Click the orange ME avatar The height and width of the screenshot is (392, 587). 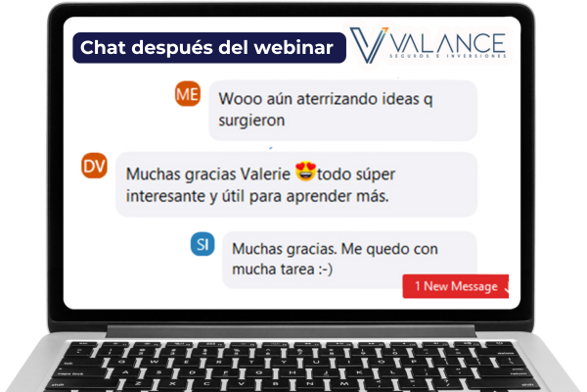[x=188, y=94]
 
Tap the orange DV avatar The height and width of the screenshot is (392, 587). [x=94, y=166]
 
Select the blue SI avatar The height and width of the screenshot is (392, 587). [x=203, y=244]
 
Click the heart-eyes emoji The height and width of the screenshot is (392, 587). [x=305, y=171]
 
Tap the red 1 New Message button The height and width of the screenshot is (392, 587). [x=456, y=286]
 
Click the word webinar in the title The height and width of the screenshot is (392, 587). [x=293, y=48]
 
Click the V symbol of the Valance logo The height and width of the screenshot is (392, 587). [x=368, y=45]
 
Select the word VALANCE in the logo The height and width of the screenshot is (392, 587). [x=448, y=43]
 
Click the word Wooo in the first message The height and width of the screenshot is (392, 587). [x=240, y=99]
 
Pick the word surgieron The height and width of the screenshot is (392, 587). [x=251, y=121]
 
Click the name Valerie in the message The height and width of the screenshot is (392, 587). [x=265, y=174]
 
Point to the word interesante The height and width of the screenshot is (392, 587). [x=166, y=196]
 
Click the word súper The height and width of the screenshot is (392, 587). [x=375, y=174]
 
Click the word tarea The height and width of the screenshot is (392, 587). [x=297, y=269]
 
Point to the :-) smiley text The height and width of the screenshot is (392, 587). [x=326, y=269]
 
